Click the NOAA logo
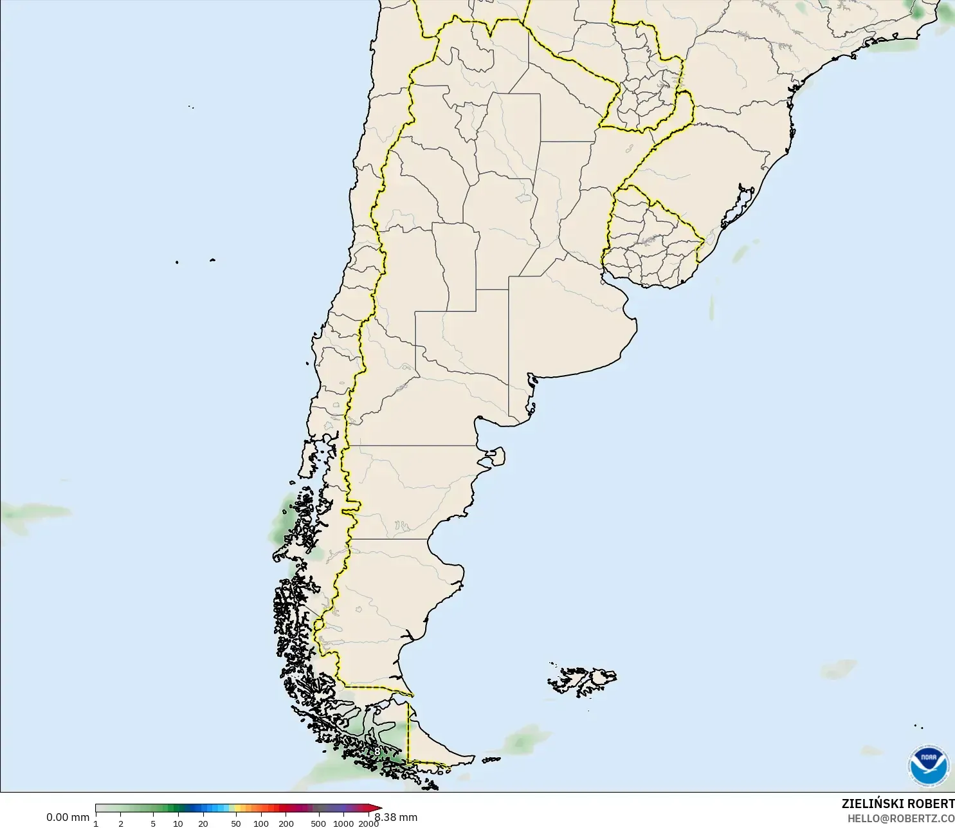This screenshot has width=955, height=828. [x=929, y=765]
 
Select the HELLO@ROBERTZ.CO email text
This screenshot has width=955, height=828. [x=900, y=819]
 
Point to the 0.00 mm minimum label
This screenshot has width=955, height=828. [x=68, y=817]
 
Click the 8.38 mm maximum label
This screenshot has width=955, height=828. [x=396, y=817]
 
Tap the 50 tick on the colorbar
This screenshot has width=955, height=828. [x=236, y=823]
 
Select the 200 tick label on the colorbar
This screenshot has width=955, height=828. [x=286, y=823]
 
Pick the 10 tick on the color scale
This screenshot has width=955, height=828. [x=178, y=823]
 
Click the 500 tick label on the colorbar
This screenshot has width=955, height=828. [x=318, y=823]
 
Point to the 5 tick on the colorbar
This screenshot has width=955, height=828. [x=153, y=823]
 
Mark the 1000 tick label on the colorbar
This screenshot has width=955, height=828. [x=343, y=823]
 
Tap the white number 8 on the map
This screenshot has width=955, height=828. [x=377, y=751]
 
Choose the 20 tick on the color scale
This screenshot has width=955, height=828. [x=203, y=823]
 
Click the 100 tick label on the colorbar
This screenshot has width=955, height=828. [x=261, y=823]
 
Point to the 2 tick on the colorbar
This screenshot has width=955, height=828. [x=121, y=823]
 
